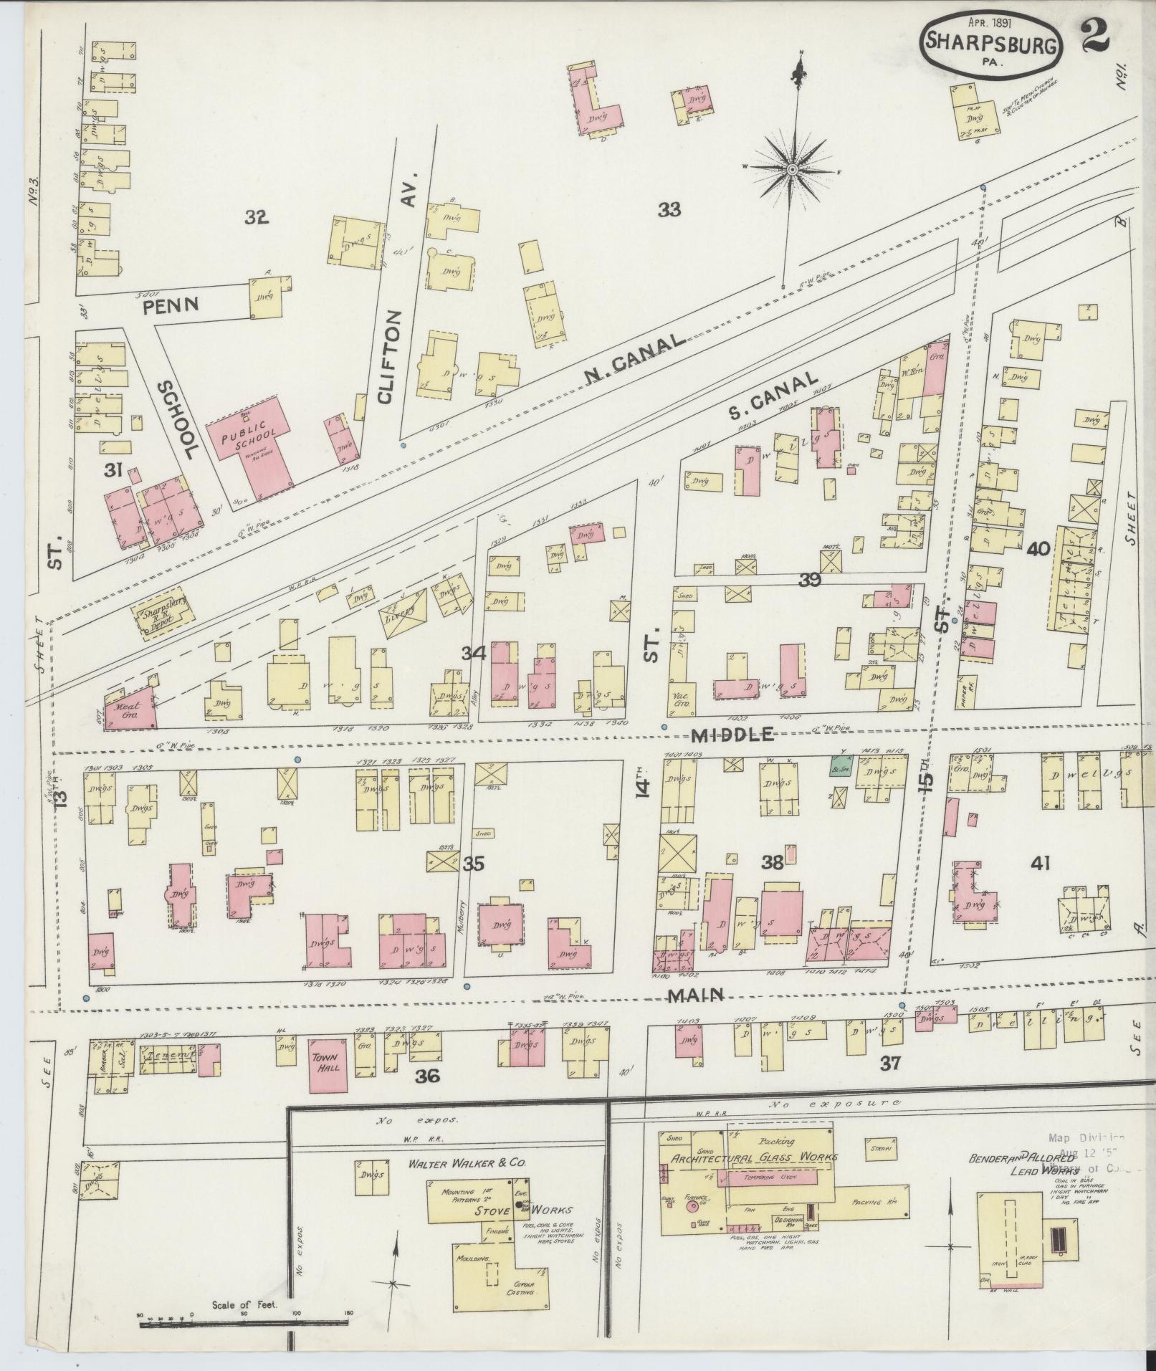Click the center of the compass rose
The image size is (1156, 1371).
click(x=793, y=169)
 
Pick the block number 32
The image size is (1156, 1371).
click(x=256, y=216)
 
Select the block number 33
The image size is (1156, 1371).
click(x=669, y=210)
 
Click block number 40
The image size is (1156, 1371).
click(x=1038, y=549)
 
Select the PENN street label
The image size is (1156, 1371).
click(x=171, y=305)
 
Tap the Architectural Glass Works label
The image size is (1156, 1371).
click(x=753, y=1157)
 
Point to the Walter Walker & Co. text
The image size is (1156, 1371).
click(x=467, y=1164)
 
